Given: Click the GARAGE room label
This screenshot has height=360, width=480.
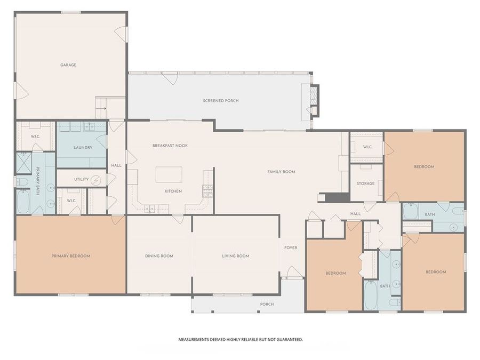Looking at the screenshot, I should tap(68, 65).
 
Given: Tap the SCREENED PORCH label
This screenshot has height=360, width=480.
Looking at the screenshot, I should tap(221, 101).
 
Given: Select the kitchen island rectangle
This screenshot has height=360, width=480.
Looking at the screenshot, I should tap(169, 174).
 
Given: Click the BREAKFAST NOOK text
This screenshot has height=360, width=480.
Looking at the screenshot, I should tap(170, 146).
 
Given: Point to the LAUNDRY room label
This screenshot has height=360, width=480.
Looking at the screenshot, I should tap(83, 148).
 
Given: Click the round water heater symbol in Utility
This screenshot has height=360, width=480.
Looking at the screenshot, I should tap(96, 180).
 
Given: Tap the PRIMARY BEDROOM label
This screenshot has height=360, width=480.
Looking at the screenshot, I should tap(71, 256).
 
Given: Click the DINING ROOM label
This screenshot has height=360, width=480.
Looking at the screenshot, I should tap(159, 256).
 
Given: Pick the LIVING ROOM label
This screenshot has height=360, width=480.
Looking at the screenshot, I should tap(236, 256).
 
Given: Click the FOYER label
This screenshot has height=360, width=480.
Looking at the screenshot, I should tap(291, 248).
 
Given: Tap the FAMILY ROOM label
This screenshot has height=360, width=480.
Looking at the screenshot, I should tap(281, 172).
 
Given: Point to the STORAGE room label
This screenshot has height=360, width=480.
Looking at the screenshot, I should tap(366, 183).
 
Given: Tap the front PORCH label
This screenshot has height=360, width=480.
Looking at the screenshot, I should tap(267, 305).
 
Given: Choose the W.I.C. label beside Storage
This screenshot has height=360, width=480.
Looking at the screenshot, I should tap(367, 147).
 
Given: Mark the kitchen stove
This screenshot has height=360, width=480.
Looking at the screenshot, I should tap(207, 189).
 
